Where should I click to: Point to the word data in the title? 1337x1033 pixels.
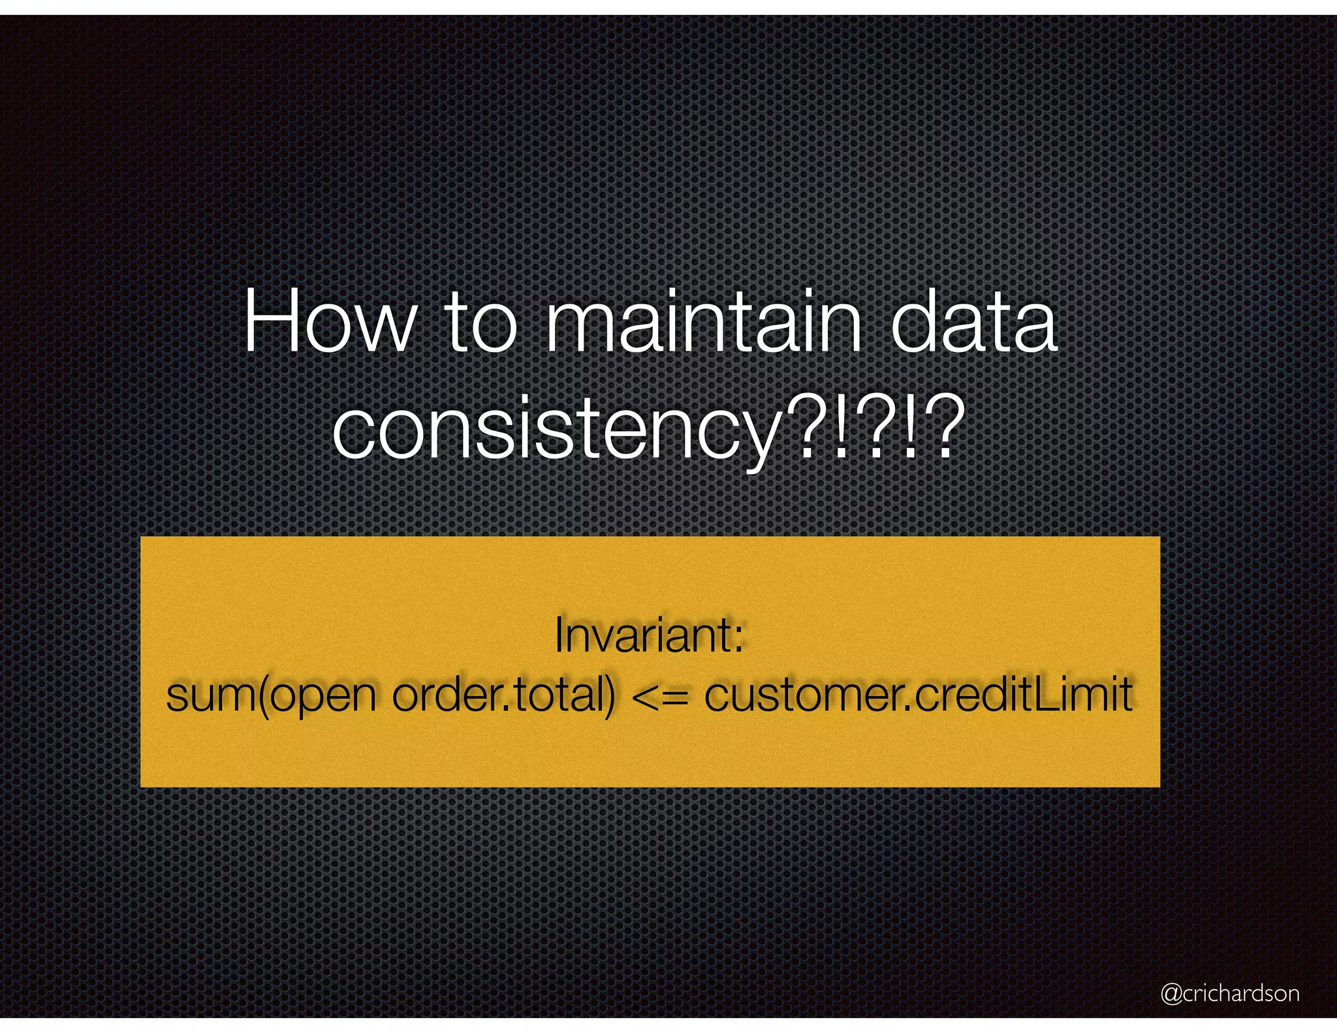[973, 323]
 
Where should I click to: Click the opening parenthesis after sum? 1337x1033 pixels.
[263, 695]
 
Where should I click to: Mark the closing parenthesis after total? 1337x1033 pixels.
[609, 695]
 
